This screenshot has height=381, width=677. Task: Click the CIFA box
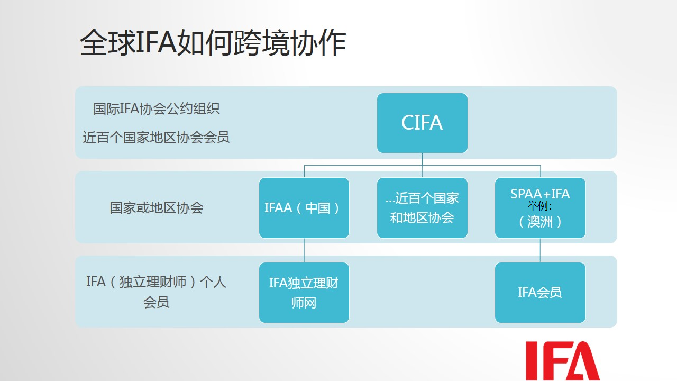[422, 123]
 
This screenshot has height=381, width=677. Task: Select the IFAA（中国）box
[304, 208]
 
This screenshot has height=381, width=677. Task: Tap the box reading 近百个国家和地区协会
[422, 208]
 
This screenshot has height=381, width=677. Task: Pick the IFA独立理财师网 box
[304, 293]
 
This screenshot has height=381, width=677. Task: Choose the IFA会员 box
[540, 293]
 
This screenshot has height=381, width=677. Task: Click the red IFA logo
[562, 361]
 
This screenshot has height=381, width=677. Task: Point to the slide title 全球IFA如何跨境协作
[213, 43]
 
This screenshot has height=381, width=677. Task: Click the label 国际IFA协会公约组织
[156, 109]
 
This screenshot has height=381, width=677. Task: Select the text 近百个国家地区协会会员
[156, 138]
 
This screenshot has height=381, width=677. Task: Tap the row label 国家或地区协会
[157, 208]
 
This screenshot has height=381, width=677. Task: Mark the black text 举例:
[540, 206]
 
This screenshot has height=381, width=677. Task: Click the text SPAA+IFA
[540, 194]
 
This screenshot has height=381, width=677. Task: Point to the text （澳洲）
[540, 222]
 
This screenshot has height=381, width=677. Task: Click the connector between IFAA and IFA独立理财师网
[304, 250]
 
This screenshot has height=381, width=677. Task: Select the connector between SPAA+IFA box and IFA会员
[540, 250]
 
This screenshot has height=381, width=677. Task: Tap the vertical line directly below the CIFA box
[422, 165]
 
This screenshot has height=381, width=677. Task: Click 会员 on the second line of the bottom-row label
[156, 302]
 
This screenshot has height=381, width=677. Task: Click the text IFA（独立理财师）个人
[156, 282]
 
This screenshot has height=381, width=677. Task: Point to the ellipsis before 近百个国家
[390, 201]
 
